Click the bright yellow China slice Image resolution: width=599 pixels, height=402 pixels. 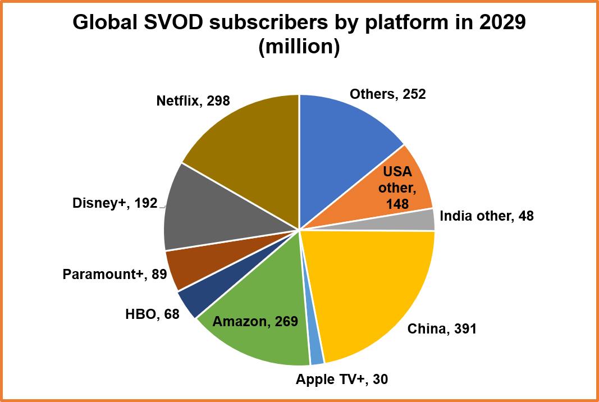(376, 286)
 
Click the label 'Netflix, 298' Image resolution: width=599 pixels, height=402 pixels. (193, 101)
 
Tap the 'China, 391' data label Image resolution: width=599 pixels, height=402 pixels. (441, 329)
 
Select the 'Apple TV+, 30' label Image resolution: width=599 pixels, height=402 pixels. (342, 380)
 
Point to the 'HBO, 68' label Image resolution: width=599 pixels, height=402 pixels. (152, 314)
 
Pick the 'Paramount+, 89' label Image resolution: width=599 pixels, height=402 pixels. (115, 275)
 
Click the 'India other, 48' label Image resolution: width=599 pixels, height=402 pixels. (486, 216)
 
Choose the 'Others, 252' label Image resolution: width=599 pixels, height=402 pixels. (387, 94)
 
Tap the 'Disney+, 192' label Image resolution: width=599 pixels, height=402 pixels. (115, 203)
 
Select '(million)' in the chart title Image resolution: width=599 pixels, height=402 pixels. (299, 47)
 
